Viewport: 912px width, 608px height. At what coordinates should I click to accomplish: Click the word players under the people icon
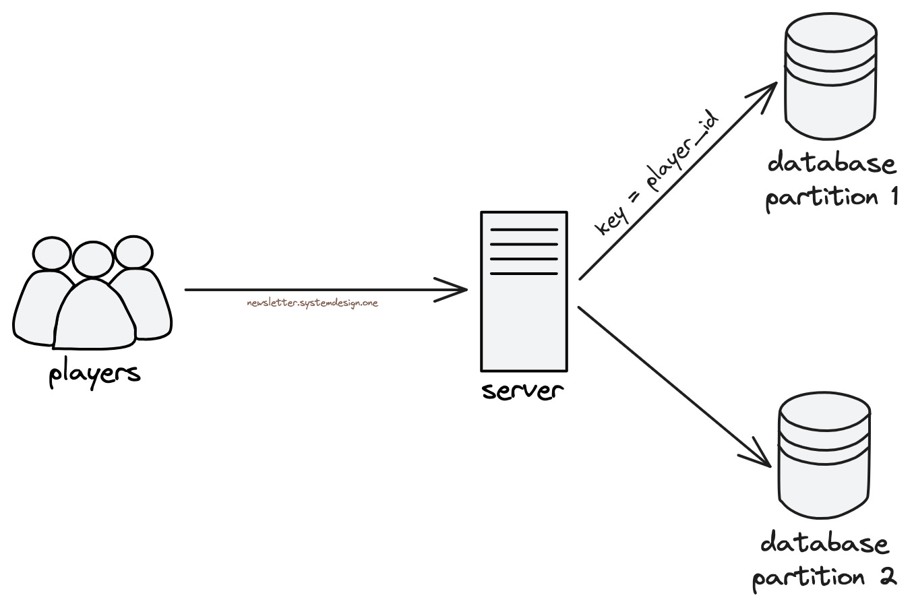(x=94, y=374)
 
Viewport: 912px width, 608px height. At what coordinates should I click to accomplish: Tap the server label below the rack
(x=523, y=391)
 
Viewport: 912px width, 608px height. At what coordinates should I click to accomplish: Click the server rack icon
(x=524, y=291)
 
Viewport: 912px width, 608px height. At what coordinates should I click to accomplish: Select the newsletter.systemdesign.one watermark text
(x=313, y=303)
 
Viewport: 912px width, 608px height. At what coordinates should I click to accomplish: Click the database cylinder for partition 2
(x=824, y=458)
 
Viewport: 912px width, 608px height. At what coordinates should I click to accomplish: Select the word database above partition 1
(x=831, y=164)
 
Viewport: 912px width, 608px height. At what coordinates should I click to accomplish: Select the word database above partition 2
(x=824, y=543)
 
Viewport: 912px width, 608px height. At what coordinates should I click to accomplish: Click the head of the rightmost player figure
(x=133, y=253)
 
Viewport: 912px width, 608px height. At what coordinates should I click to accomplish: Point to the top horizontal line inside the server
(x=524, y=230)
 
